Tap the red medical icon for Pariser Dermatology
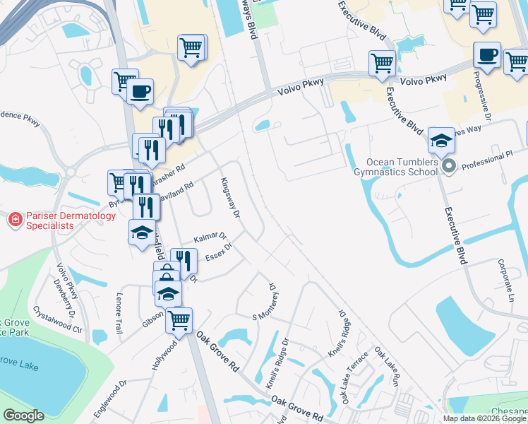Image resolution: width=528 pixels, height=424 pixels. click(x=13, y=220)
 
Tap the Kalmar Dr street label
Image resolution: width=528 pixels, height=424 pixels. click(x=210, y=237)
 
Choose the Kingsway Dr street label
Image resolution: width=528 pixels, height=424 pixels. click(x=230, y=198)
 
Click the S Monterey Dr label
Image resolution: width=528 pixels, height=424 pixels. click(x=263, y=302)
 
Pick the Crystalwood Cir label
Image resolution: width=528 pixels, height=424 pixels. click(x=59, y=319)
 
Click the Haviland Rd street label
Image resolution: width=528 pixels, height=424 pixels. click(x=176, y=193)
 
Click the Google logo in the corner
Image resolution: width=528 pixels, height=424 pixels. click(x=23, y=416)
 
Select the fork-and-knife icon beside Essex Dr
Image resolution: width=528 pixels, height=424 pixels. click(x=184, y=261)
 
